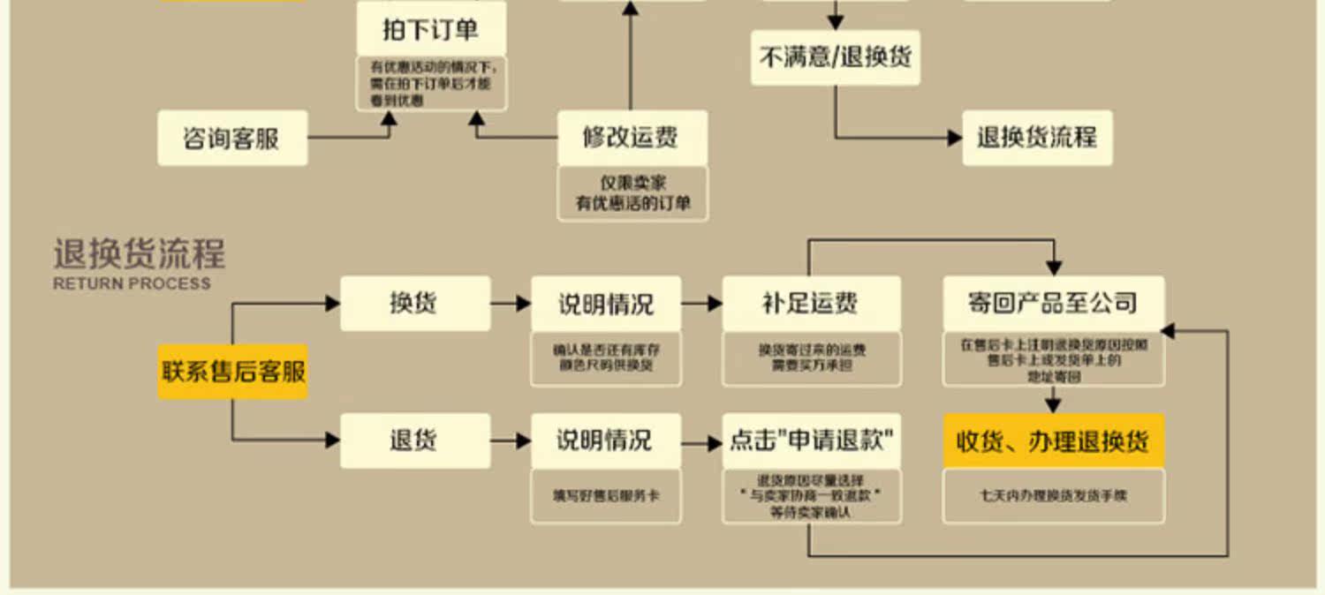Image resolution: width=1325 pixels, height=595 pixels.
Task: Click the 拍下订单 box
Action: (x=431, y=29)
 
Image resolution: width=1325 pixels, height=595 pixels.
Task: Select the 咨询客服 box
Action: (x=232, y=138)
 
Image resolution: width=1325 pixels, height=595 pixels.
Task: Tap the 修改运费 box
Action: (x=632, y=138)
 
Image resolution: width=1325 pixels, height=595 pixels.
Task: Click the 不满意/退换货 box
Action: (x=835, y=57)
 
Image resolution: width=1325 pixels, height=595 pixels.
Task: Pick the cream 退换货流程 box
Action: (x=1037, y=138)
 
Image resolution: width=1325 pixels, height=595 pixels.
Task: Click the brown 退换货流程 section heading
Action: (x=140, y=254)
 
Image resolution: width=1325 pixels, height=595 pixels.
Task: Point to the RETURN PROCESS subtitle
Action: (x=132, y=283)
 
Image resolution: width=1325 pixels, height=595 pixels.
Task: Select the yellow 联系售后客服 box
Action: (x=233, y=371)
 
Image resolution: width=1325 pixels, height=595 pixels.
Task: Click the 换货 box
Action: (x=414, y=303)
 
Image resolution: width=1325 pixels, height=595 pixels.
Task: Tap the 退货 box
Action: (x=414, y=440)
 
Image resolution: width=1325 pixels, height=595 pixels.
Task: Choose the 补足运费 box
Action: (x=811, y=303)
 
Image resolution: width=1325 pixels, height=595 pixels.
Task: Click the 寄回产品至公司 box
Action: (x=1053, y=303)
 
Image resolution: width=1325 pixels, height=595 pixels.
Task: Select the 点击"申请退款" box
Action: (x=811, y=440)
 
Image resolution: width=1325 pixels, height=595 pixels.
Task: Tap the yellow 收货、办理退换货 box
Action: (x=1053, y=441)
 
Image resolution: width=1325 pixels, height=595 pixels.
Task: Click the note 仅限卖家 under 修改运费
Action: (x=632, y=184)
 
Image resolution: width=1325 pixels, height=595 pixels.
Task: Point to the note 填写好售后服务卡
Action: (x=606, y=496)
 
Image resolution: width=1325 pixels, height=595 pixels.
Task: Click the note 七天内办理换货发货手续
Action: (x=1053, y=496)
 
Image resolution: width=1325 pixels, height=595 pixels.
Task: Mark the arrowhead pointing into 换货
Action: (x=333, y=303)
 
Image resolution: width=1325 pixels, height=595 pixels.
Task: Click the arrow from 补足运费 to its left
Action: (x=702, y=303)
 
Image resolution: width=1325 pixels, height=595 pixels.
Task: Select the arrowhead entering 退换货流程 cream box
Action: (x=955, y=138)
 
